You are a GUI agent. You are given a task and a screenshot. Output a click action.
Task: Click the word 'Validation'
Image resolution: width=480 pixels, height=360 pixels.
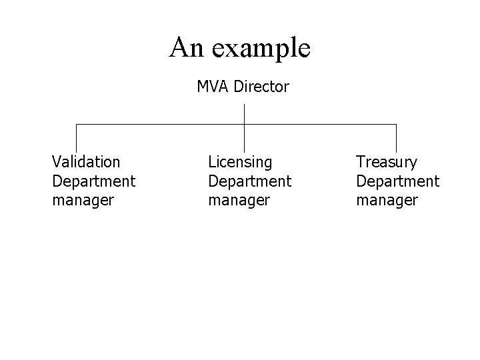click(x=86, y=161)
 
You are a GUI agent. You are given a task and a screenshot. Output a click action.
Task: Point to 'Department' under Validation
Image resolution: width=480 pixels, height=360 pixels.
click(x=93, y=181)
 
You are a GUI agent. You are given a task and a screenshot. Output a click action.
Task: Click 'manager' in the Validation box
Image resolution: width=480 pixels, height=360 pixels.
click(x=83, y=200)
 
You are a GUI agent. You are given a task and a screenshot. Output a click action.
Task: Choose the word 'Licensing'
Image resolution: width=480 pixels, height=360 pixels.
click(x=240, y=161)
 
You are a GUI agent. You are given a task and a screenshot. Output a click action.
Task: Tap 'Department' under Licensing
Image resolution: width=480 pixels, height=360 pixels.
click(x=249, y=181)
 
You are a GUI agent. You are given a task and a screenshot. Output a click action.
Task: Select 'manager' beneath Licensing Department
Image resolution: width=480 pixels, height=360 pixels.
click(x=239, y=200)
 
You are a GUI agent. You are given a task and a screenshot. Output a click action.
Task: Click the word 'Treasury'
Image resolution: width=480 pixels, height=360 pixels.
click(x=387, y=161)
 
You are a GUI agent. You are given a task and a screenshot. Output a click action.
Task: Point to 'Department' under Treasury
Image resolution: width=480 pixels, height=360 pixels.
click(x=397, y=181)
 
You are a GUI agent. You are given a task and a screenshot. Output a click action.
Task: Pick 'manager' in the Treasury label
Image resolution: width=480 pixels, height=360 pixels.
click(x=387, y=200)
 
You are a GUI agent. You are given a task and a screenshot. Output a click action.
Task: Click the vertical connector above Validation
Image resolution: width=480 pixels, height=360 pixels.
click(x=77, y=138)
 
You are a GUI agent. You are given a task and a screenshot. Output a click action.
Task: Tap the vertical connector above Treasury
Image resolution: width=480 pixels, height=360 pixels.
click(x=396, y=138)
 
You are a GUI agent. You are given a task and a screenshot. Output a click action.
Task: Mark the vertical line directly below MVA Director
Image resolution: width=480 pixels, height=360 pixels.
click(x=245, y=113)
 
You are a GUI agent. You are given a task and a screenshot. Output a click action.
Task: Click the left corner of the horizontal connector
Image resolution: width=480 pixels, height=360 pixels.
click(x=77, y=125)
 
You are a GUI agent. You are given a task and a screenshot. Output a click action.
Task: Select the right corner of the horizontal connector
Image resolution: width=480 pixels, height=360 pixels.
click(x=396, y=125)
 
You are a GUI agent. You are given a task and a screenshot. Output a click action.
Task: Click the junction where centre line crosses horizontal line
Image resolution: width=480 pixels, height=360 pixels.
click(x=245, y=125)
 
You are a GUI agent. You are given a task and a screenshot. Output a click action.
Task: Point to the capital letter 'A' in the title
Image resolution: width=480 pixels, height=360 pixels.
click(x=179, y=47)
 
